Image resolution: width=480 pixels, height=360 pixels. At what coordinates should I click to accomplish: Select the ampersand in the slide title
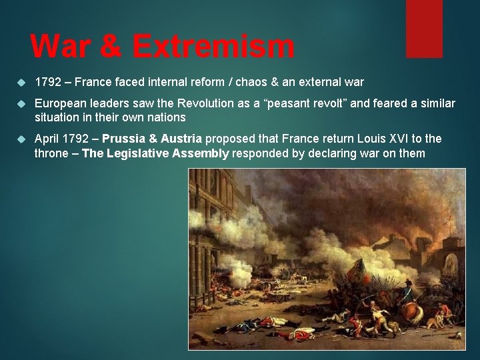110,47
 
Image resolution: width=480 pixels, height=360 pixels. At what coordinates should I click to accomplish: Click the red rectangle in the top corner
424,29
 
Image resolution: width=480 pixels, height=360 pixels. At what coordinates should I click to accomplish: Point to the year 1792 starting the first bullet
47,83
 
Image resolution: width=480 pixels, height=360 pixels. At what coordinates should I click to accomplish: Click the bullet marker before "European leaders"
20,104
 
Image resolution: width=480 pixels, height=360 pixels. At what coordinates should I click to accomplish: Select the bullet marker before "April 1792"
20,139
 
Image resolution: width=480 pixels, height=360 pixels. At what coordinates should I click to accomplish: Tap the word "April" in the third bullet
46,139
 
